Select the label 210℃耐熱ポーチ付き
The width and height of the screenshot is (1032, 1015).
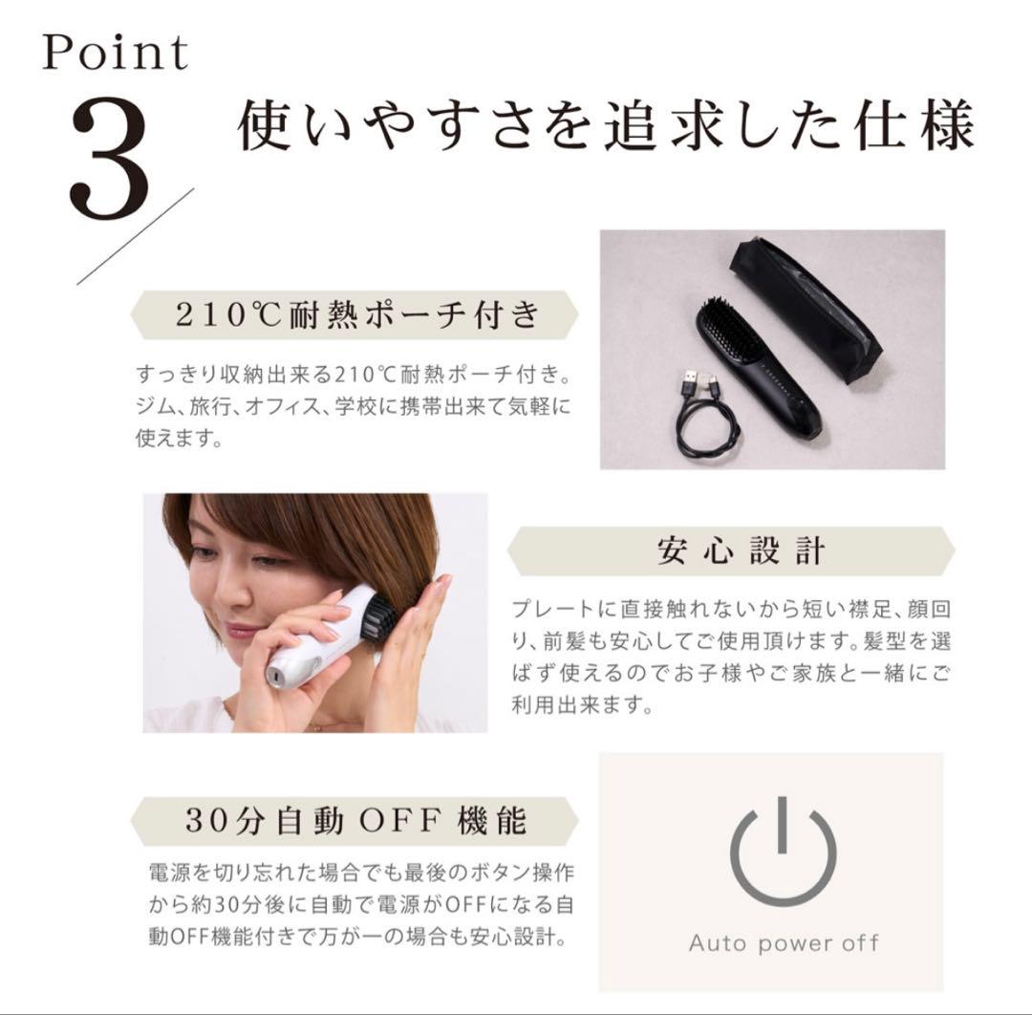click(x=356, y=314)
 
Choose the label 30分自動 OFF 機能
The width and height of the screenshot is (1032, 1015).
click(x=356, y=821)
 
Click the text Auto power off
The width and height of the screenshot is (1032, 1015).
click(x=784, y=942)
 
